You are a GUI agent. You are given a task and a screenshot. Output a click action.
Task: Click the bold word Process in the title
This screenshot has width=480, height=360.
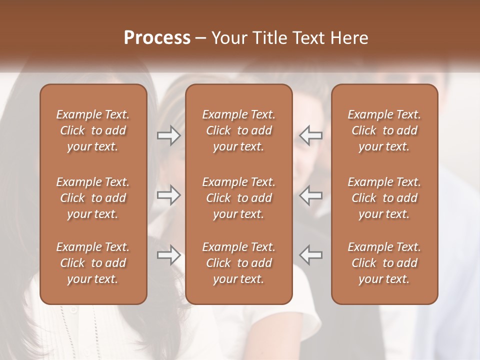[x=157, y=38]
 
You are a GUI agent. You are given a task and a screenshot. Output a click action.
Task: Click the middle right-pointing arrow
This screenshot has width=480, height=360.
[x=168, y=195]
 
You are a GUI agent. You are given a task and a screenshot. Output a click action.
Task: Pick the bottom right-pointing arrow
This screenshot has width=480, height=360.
[x=168, y=255]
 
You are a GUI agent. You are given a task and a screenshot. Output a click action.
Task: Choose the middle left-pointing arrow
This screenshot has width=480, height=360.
[x=311, y=195]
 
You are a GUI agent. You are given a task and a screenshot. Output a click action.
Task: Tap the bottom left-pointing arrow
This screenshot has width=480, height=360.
[x=311, y=255]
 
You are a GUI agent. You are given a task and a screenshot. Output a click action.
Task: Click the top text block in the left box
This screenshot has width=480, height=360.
[x=93, y=130]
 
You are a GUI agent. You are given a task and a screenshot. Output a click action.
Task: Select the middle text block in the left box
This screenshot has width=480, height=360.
[x=93, y=198]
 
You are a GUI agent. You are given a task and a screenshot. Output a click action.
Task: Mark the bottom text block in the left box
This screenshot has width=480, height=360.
[x=93, y=263]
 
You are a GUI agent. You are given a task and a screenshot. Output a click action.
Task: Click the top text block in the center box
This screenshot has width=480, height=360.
[x=238, y=130]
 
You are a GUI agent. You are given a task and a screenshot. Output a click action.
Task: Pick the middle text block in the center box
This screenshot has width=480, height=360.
[x=238, y=198]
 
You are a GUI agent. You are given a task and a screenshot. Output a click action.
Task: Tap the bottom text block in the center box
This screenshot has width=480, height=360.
[x=238, y=263]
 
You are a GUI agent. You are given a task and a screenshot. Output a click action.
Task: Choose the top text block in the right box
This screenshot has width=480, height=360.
[x=384, y=130]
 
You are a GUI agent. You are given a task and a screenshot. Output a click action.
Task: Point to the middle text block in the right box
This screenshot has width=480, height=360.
[x=384, y=198]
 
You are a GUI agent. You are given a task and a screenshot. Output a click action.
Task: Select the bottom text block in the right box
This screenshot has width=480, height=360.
[x=384, y=263]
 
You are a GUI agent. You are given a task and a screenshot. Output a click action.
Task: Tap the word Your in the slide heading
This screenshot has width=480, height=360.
[x=228, y=38]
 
